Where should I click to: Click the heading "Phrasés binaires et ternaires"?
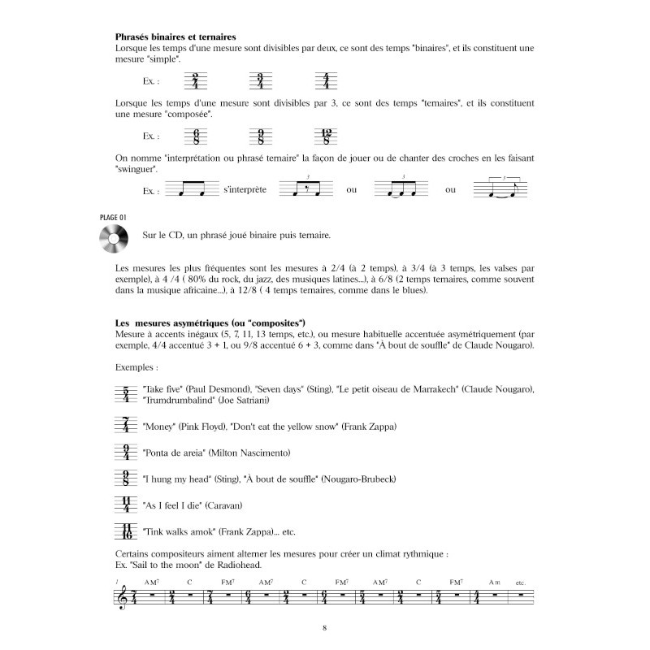tap(176, 37)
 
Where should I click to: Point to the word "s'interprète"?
tap(244, 190)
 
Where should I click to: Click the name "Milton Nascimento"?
tap(251, 453)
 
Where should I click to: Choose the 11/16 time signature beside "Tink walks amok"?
tap(125, 532)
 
